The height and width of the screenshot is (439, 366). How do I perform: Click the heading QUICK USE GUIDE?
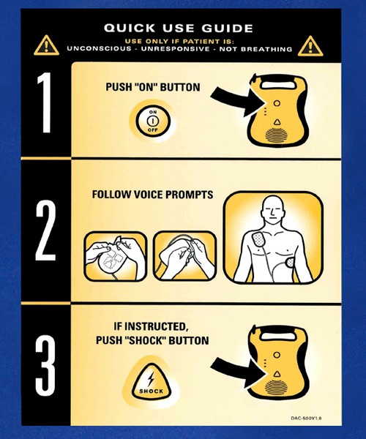pyautogui.click(x=179, y=28)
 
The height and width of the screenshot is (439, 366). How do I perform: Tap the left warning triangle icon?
pyautogui.click(x=45, y=45)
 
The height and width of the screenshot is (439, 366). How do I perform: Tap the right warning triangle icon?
pyautogui.click(x=310, y=45)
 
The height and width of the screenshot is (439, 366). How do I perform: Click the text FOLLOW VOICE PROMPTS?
pyautogui.click(x=152, y=195)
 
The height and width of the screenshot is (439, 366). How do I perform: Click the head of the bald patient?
pyautogui.click(x=273, y=210)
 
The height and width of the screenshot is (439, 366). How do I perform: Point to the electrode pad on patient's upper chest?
pyautogui.click(x=261, y=240)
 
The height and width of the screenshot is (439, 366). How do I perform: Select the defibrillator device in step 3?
pyautogui.click(x=277, y=364)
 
